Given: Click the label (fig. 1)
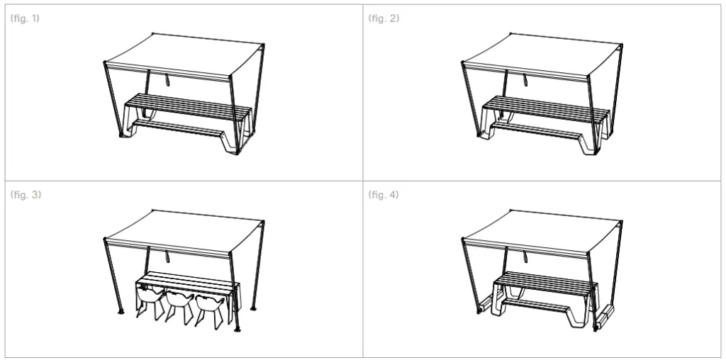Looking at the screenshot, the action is [25, 18].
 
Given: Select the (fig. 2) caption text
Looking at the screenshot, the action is [384, 18].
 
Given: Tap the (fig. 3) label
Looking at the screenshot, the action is [26, 194].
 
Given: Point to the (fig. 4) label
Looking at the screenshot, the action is [384, 194].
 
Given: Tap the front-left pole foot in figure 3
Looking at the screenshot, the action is [121, 311].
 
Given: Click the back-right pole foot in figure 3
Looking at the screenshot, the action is [253, 308].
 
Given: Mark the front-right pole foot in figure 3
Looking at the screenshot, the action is [237, 330].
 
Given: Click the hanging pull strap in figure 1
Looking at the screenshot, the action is [167, 79].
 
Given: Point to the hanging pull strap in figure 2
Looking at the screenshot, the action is [525, 79].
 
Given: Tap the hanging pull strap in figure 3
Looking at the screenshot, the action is [167, 255].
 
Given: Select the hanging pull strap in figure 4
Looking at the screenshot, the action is [525, 255].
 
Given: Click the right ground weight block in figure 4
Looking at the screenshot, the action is [605, 317].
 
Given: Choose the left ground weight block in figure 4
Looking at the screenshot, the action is [485, 305].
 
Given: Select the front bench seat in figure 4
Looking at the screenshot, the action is [536, 305].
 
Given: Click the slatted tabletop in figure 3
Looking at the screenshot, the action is [188, 280].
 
